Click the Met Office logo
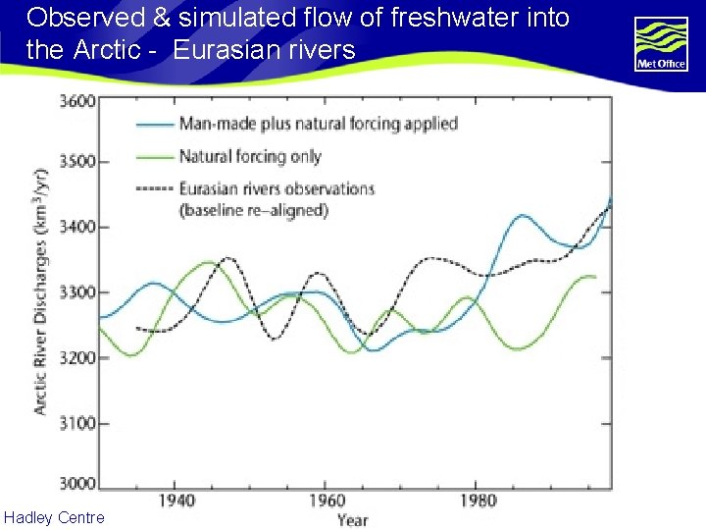click(x=661, y=44)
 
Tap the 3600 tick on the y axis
click(x=77, y=101)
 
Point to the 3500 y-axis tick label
click(x=77, y=162)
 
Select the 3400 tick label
click(x=77, y=228)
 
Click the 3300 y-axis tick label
click(x=77, y=292)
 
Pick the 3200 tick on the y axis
click(x=77, y=358)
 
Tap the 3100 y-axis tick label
click(x=77, y=423)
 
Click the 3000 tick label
click(x=77, y=483)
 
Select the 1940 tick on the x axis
click(x=175, y=501)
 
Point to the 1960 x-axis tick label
click(x=326, y=501)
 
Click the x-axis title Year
click(x=352, y=519)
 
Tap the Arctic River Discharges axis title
click(x=41, y=291)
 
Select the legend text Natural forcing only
click(x=250, y=156)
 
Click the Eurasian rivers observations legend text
click(x=277, y=188)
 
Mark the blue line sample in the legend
click(x=154, y=125)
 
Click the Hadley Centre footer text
click(x=54, y=517)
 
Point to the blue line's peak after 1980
click(x=524, y=215)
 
